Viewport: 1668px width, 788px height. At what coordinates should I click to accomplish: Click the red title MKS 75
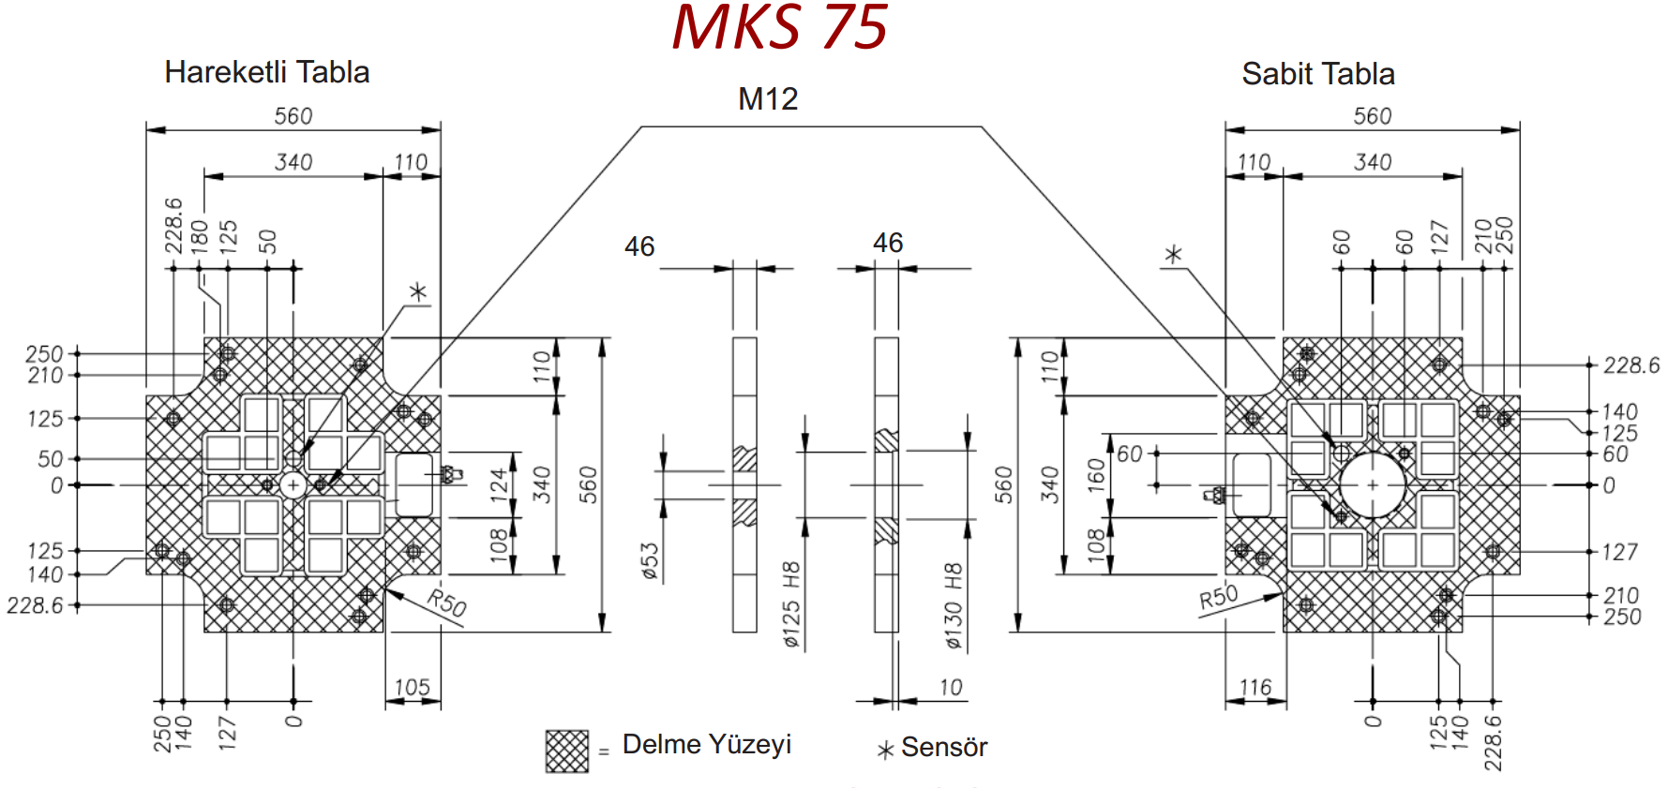pyautogui.click(x=779, y=26)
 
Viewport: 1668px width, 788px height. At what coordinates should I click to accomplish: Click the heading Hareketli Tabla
pyautogui.click(x=267, y=72)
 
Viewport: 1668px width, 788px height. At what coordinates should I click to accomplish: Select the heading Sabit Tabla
pyautogui.click(x=1318, y=74)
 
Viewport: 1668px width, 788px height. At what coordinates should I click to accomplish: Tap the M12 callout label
pyautogui.click(x=768, y=98)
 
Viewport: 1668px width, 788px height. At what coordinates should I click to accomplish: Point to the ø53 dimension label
pyautogui.click(x=650, y=561)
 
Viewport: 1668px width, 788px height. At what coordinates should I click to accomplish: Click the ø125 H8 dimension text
pyautogui.click(x=791, y=605)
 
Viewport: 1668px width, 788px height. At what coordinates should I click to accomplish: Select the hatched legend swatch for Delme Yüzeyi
pyautogui.click(x=567, y=751)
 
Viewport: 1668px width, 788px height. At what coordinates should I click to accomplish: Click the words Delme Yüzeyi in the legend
pyautogui.click(x=707, y=745)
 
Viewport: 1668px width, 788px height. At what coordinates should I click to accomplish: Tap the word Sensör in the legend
pyautogui.click(x=944, y=748)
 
